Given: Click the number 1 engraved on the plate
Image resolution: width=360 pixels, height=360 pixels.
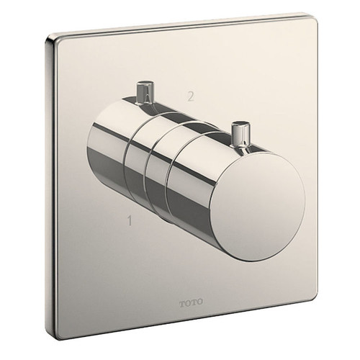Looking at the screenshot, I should (130, 221).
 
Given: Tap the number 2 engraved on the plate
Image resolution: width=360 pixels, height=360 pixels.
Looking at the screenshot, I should (190, 96).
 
